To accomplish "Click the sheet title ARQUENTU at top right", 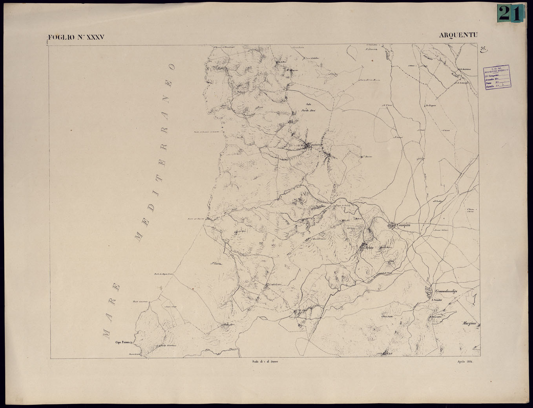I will coord(458,35).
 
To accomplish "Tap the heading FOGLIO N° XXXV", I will coord(76,38).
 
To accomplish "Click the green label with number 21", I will coord(510,14).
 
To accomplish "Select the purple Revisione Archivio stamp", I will coord(496,77).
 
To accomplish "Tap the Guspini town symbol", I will coord(392,225).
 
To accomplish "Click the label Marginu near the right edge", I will coord(469,323).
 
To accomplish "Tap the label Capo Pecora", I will coord(122,342).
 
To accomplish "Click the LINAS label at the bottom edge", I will coord(388,354).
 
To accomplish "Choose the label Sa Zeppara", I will coord(431,105).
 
